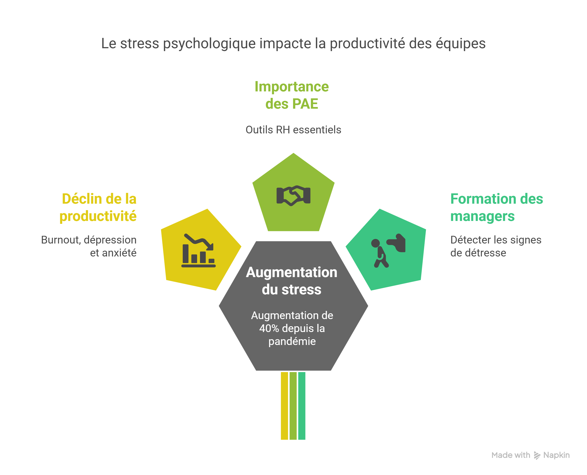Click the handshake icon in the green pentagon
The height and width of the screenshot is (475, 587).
click(293, 196)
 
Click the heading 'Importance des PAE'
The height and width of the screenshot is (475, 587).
click(292, 95)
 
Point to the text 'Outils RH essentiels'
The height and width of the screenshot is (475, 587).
click(293, 130)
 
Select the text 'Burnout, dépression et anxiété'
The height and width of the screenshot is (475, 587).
click(89, 246)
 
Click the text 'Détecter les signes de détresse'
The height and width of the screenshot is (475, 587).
click(496, 246)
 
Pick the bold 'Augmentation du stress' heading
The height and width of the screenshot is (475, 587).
click(292, 281)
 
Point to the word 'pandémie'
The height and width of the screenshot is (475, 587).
click(292, 341)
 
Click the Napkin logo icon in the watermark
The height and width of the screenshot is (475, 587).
click(537, 455)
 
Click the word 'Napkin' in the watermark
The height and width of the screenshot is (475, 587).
click(556, 455)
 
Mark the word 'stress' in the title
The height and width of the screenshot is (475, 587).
click(140, 44)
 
